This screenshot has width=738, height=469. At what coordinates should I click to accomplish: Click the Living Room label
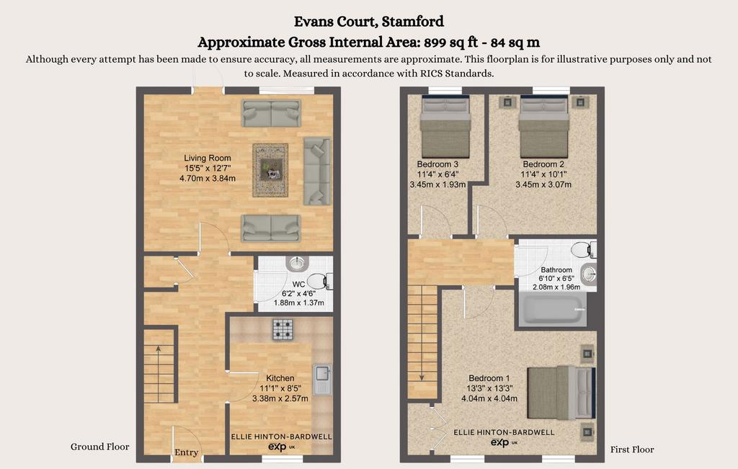click(207, 158)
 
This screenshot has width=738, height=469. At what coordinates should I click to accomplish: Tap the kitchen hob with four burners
click(283, 329)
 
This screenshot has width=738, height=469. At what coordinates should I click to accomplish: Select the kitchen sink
click(322, 379)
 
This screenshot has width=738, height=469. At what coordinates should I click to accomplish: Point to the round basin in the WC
click(297, 264)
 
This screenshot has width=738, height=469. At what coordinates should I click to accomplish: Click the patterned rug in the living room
click(270, 170)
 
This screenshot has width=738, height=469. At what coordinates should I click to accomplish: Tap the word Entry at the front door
click(187, 452)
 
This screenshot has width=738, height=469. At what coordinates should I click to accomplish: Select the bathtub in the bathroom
click(553, 309)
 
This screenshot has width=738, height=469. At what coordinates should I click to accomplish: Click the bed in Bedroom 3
click(445, 127)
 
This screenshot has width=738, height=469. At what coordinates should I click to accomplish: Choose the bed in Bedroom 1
click(561, 393)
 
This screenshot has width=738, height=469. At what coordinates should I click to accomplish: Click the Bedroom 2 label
click(543, 164)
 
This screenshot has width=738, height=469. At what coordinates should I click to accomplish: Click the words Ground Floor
click(99, 447)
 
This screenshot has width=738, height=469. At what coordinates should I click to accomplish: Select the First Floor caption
click(632, 450)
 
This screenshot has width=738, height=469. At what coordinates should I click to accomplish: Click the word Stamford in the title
click(413, 21)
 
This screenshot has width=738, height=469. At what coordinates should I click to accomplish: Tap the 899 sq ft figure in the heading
click(451, 43)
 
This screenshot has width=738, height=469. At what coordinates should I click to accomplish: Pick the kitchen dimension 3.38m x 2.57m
click(280, 398)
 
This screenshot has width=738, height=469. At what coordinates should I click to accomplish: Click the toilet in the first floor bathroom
click(584, 249)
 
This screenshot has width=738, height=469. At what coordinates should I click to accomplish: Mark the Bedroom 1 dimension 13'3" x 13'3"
click(489, 388)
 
